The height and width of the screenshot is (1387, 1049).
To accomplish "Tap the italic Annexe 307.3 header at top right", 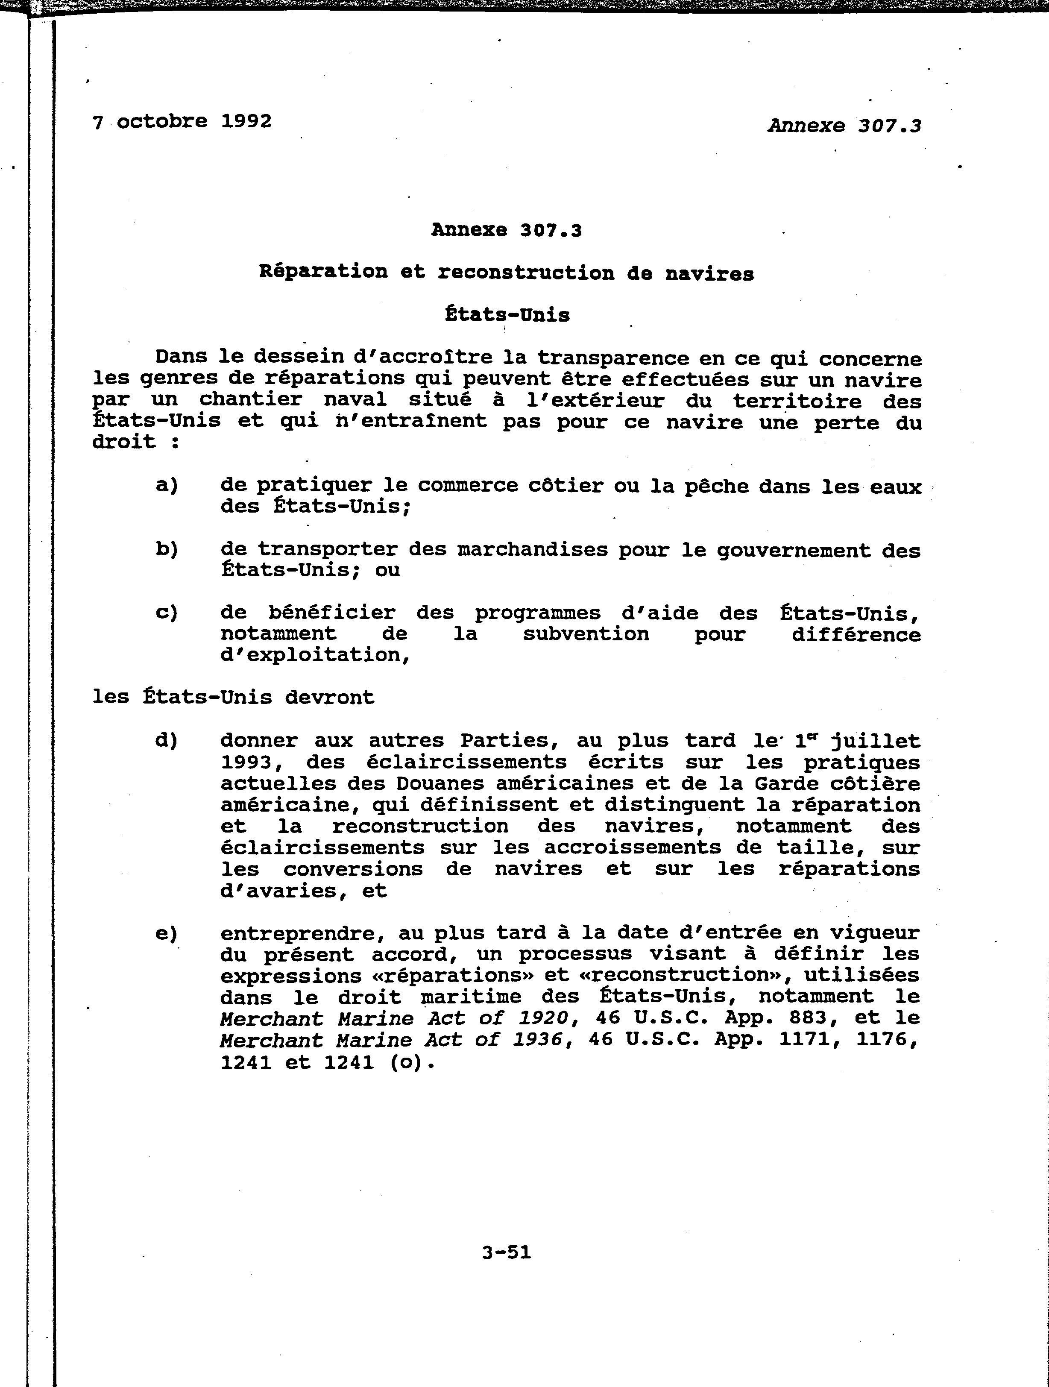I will [844, 126].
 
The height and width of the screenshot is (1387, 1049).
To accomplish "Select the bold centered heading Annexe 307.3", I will [507, 231].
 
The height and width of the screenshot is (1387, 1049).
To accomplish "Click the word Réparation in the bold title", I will [323, 272].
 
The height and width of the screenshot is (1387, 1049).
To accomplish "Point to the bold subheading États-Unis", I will [507, 315].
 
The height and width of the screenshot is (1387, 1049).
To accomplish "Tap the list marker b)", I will [167, 549].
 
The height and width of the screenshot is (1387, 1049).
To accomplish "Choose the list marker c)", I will [167, 613].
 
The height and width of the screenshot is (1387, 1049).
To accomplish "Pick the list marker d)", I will [167, 741].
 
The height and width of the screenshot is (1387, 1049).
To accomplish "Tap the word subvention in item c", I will [586, 635].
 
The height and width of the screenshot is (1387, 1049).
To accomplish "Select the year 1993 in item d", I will [246, 762].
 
